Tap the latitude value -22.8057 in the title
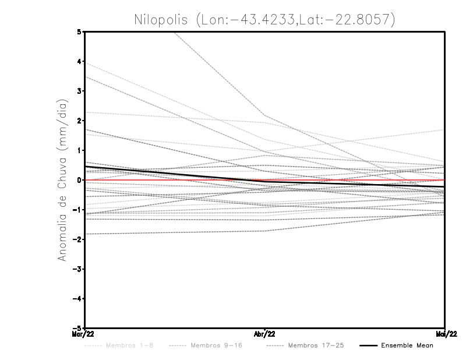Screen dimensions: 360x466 point(356,19)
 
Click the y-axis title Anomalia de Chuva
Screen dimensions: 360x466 point(62,179)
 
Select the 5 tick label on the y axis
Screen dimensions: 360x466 point(79,31)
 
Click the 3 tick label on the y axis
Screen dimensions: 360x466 point(79,91)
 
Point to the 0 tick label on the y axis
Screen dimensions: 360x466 point(79,180)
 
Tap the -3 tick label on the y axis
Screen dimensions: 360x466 point(77,269)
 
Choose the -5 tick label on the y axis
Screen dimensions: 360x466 point(77,329)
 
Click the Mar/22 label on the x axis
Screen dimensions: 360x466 point(83,334)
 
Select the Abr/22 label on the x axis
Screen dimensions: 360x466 point(265,334)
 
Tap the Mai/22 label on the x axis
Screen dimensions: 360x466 point(445,334)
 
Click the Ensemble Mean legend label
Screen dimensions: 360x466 point(407,345)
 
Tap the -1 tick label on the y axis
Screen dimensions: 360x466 point(77,210)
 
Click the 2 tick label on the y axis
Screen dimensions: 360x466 point(79,121)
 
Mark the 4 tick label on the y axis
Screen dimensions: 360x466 point(79,61)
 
